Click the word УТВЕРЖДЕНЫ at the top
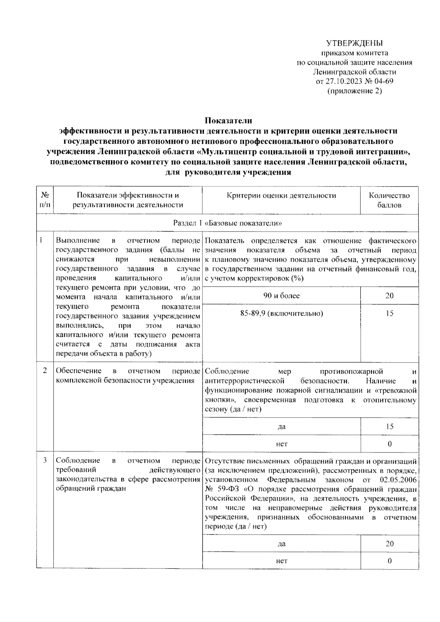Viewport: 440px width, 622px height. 354,43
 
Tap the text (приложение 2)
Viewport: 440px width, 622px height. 354,91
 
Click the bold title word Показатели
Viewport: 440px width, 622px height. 228,120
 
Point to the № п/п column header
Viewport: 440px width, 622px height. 45,200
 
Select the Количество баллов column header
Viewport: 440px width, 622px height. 389,200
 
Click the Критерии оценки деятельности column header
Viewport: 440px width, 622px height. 281,196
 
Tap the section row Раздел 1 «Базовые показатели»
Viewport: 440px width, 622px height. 227,223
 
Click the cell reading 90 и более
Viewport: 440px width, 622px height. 281,296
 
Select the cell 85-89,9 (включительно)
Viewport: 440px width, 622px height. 281,313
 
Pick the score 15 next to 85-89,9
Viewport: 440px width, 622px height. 389,313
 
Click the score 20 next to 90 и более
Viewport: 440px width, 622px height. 389,296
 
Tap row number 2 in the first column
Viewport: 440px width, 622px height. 45,371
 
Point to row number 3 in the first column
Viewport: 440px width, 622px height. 45,461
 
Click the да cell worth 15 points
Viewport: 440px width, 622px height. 281,427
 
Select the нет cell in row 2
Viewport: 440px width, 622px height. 281,444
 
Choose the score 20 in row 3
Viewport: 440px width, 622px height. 389,544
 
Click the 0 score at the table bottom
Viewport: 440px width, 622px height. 389,561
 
